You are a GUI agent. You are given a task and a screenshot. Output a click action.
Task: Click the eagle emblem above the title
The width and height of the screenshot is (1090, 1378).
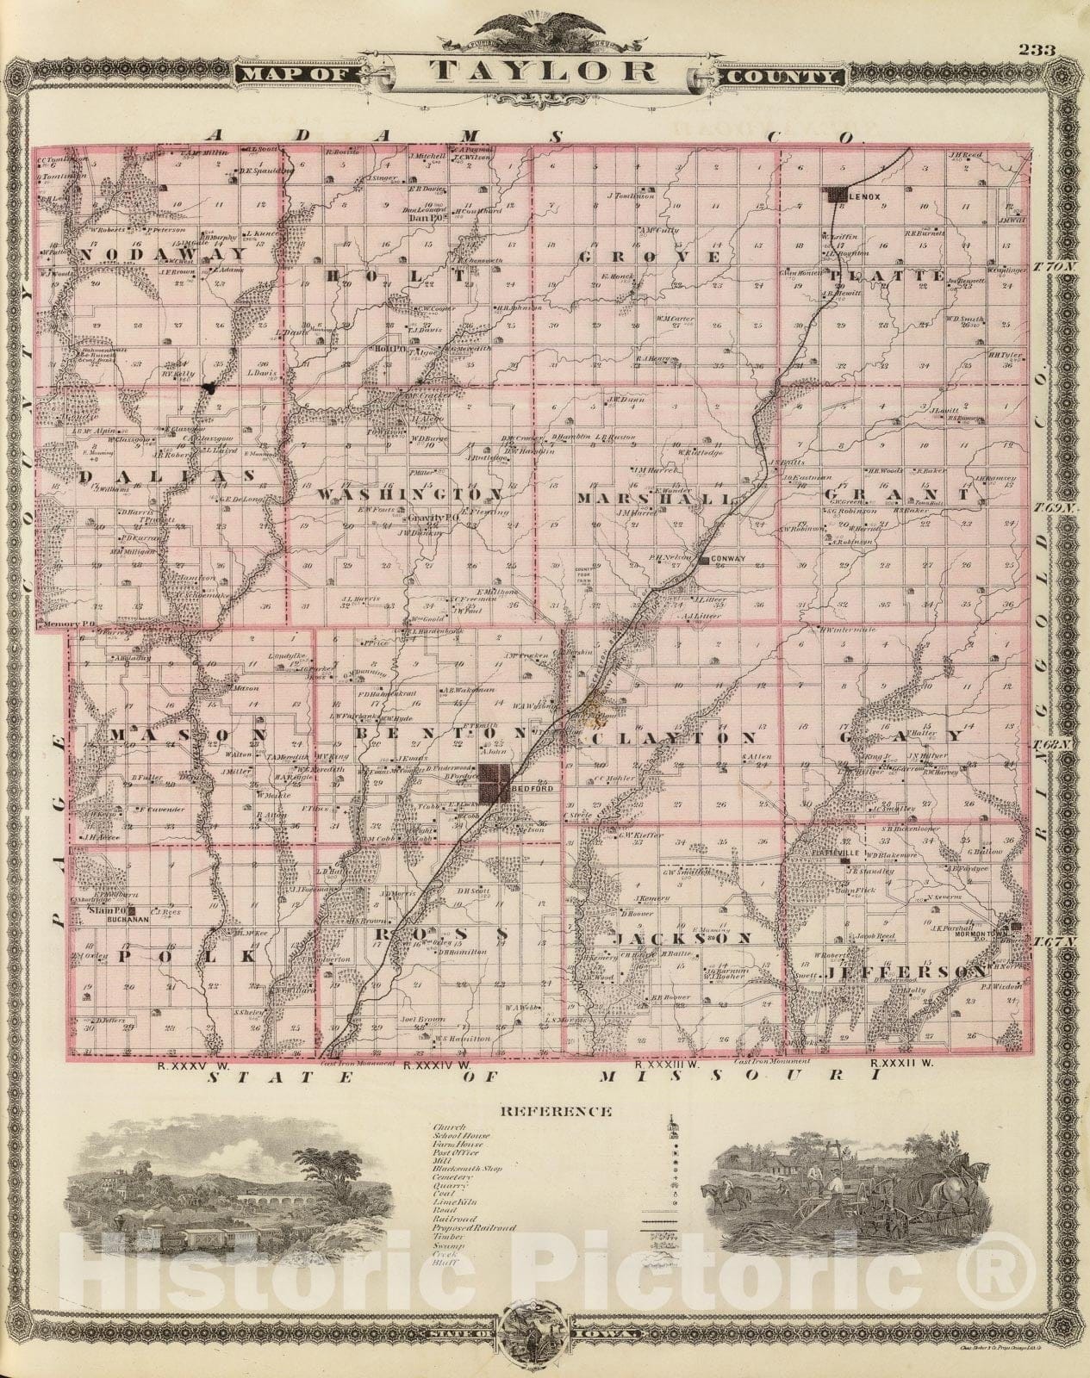tap(545, 27)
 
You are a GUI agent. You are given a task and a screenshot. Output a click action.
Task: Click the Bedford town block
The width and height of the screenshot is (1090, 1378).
tap(496, 785)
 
